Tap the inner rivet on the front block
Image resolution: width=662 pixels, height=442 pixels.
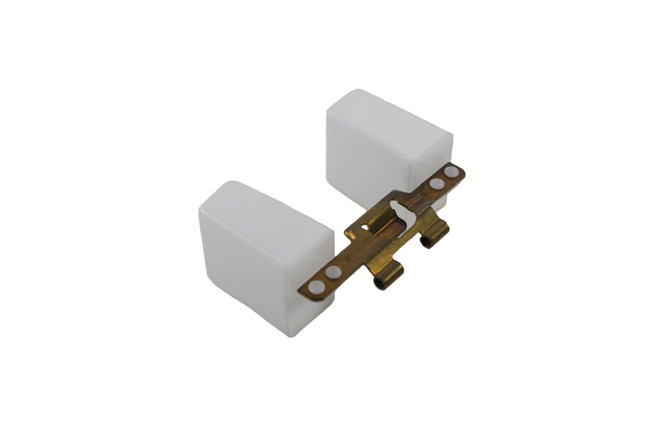pyautogui.click(x=332, y=273)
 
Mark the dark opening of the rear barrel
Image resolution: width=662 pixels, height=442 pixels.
pyautogui.click(x=426, y=242)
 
